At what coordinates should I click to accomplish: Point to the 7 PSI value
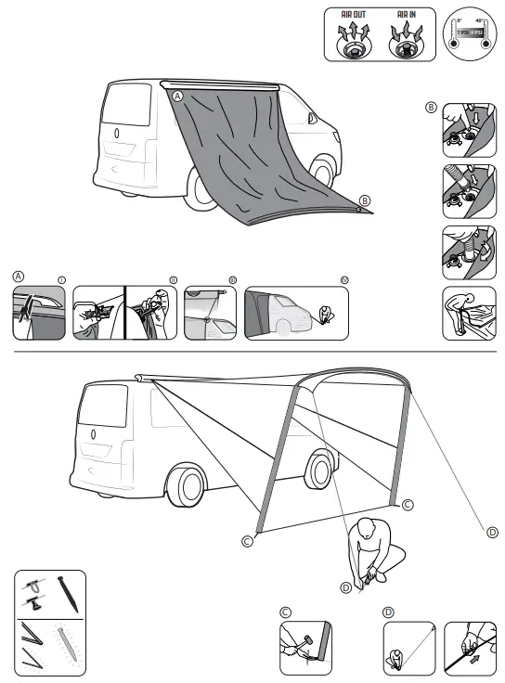click(461, 32)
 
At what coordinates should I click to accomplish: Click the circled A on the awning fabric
click(177, 96)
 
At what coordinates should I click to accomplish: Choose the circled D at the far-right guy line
click(491, 532)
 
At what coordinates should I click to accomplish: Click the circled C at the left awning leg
click(247, 541)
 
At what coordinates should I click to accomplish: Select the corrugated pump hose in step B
click(456, 176)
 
